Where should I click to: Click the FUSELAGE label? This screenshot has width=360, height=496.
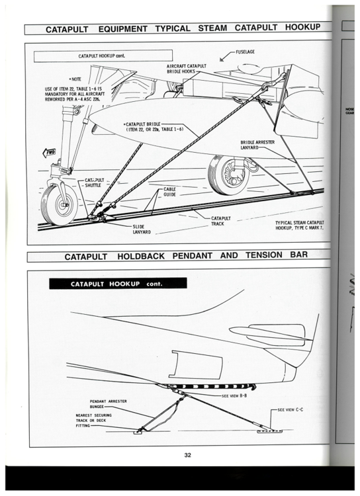(x=251, y=51)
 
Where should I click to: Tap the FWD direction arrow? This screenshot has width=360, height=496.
(x=49, y=153)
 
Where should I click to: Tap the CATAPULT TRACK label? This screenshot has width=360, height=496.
(x=221, y=220)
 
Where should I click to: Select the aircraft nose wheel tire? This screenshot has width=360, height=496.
(x=52, y=201)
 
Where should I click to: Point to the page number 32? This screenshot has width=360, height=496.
(x=188, y=455)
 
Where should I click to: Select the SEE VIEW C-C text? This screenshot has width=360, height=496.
(x=294, y=410)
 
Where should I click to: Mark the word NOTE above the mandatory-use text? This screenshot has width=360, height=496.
(x=71, y=79)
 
